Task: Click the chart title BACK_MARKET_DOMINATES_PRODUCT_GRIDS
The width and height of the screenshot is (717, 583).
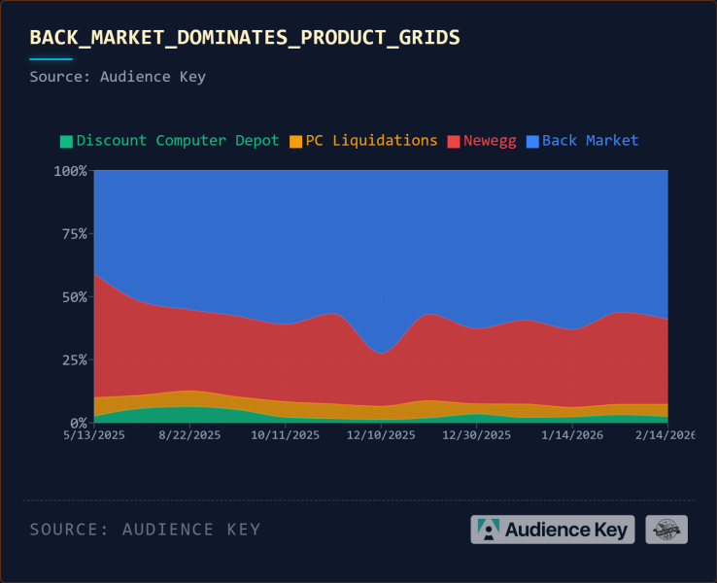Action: coord(245,37)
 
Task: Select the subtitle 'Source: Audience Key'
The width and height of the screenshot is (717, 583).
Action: coord(118,76)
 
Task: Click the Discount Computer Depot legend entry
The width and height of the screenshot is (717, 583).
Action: coord(177,140)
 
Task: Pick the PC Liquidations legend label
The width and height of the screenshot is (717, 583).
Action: coord(371,140)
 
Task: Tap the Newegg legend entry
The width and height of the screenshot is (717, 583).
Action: coord(490,140)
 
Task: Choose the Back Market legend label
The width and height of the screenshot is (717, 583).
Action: coord(590,140)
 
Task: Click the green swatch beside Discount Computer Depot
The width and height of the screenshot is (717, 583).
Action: coord(66,141)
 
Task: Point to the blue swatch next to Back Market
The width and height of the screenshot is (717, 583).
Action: coord(532,141)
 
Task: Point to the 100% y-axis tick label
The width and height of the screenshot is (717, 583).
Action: coord(70,171)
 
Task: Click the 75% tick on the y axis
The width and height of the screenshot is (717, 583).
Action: coord(74,234)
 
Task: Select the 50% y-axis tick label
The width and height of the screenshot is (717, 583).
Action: coord(74,297)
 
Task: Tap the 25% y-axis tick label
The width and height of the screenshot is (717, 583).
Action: coord(74,360)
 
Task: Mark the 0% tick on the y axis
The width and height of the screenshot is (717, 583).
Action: coord(78,424)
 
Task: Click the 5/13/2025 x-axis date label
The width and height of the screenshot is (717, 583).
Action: coord(94,435)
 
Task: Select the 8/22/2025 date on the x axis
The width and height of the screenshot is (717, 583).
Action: coord(190,435)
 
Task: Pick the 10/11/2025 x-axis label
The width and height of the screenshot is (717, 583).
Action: coord(284,435)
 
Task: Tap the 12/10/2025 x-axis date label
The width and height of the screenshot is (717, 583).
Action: coord(380,435)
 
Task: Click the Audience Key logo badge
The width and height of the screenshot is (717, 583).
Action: coord(552,530)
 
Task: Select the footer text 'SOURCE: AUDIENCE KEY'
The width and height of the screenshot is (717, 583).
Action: coord(145,530)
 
